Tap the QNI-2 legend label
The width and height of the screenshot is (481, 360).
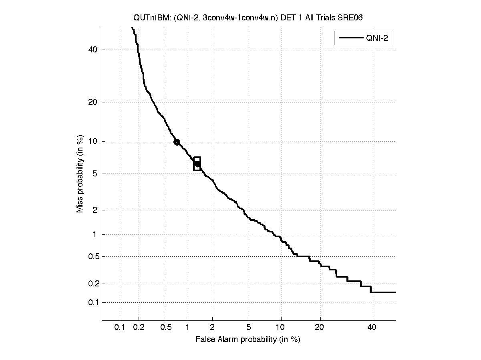pyautogui.click(x=376, y=38)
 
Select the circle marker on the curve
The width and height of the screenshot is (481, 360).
pyautogui.click(x=177, y=142)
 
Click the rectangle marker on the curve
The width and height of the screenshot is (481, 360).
pyautogui.click(x=197, y=164)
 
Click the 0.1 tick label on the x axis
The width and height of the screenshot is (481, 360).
pyautogui.click(x=120, y=328)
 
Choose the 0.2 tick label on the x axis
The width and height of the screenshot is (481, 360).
pyautogui.click(x=139, y=328)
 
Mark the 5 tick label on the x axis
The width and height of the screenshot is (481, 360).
pyautogui.click(x=249, y=328)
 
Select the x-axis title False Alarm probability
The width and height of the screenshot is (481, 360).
pyautogui.click(x=248, y=340)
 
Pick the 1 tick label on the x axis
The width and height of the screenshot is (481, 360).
pyautogui.click(x=187, y=328)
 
